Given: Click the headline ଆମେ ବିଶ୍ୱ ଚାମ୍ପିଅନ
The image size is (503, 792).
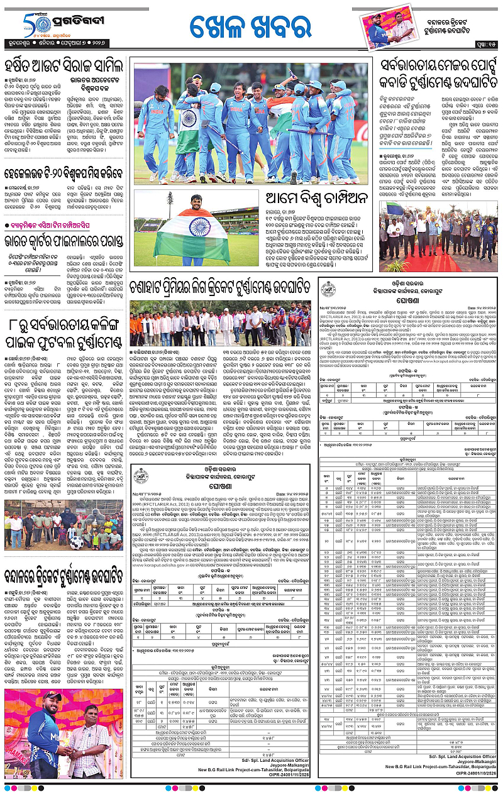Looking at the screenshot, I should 312,199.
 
